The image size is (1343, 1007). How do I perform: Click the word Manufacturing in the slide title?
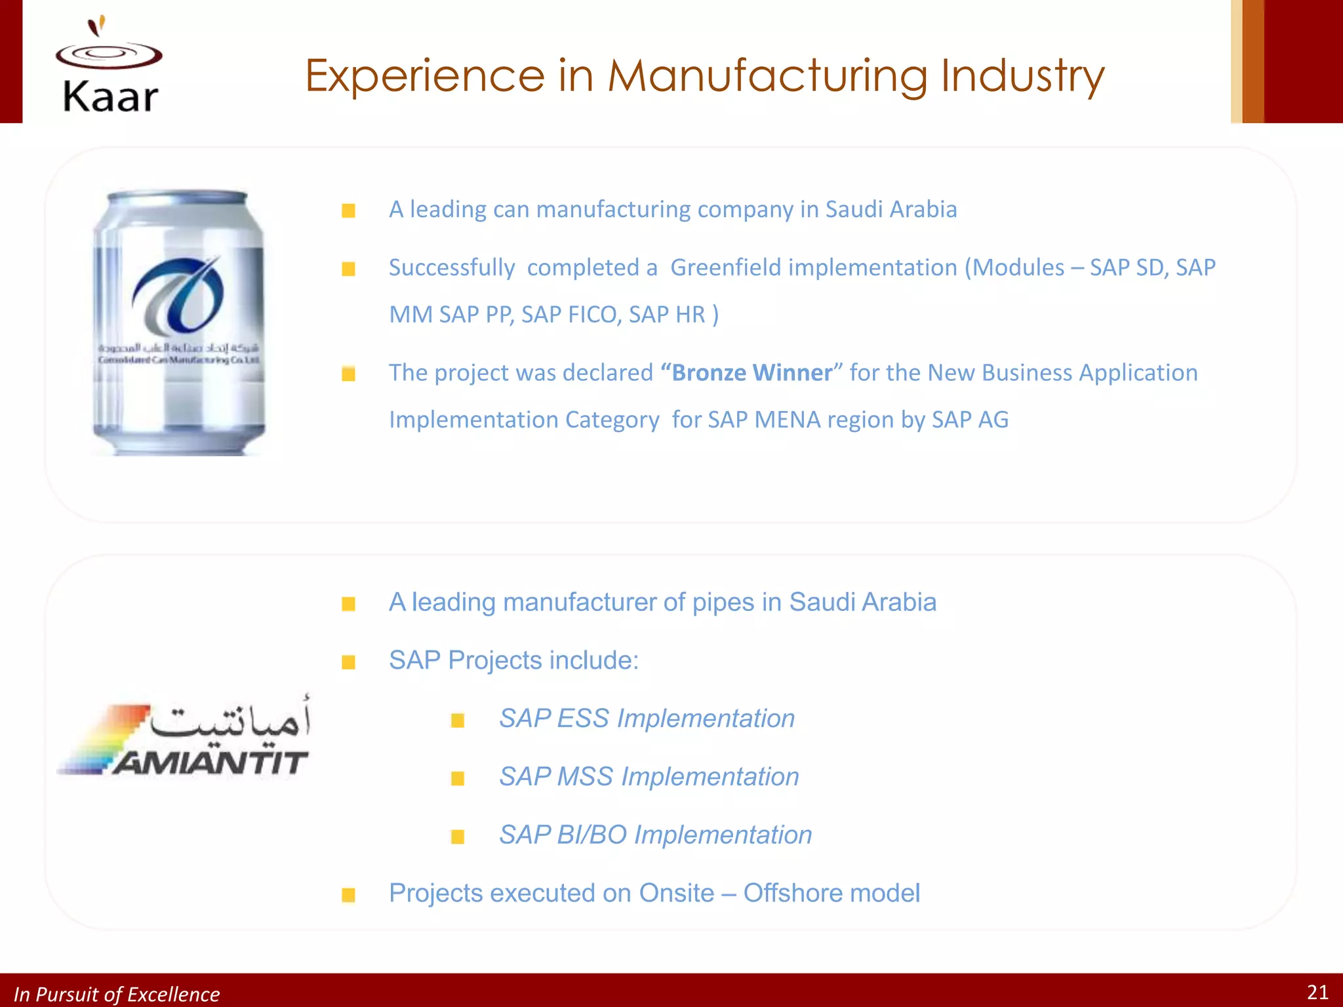click(x=767, y=76)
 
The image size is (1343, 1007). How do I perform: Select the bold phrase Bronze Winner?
click(x=752, y=373)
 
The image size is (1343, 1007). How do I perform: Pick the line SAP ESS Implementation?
click(x=647, y=719)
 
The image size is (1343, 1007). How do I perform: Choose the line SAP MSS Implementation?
click(x=649, y=777)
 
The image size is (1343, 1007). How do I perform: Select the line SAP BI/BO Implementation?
click(x=655, y=835)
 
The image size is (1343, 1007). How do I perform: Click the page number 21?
click(x=1317, y=993)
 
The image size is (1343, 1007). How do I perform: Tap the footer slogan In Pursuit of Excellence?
click(x=117, y=995)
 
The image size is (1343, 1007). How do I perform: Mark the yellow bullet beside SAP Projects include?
click(x=349, y=662)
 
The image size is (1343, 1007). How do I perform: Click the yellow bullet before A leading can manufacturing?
click(x=349, y=210)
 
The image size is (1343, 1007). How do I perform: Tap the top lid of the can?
click(x=177, y=197)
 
